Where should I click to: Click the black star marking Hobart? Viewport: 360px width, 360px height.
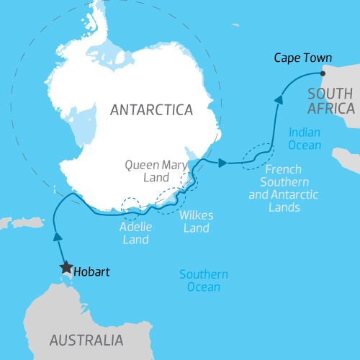(x=66, y=268)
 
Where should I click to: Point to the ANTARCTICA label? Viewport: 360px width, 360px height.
(x=152, y=110)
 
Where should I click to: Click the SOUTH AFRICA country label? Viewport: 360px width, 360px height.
(x=330, y=101)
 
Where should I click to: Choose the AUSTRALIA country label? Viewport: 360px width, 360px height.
(x=86, y=340)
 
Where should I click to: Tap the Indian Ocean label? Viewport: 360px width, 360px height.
(x=305, y=139)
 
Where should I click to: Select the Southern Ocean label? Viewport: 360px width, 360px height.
(x=204, y=282)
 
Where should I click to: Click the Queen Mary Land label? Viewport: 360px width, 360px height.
(x=156, y=171)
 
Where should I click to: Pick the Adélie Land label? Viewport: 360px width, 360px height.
(x=134, y=233)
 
